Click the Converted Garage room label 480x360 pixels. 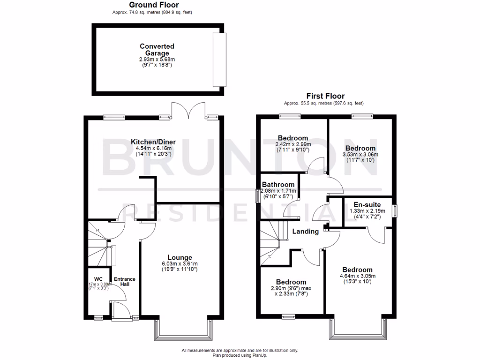tap(157, 50)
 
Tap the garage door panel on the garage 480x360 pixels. tap(218, 60)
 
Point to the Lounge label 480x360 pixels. tap(180, 257)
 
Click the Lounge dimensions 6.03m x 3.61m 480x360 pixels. tap(180, 263)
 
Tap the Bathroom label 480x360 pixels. tap(278, 185)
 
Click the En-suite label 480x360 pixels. tap(367, 205)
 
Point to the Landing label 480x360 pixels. tap(306, 232)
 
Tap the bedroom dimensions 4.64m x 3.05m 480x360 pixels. tap(357, 276)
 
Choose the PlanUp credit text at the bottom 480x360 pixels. tap(240, 355)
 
